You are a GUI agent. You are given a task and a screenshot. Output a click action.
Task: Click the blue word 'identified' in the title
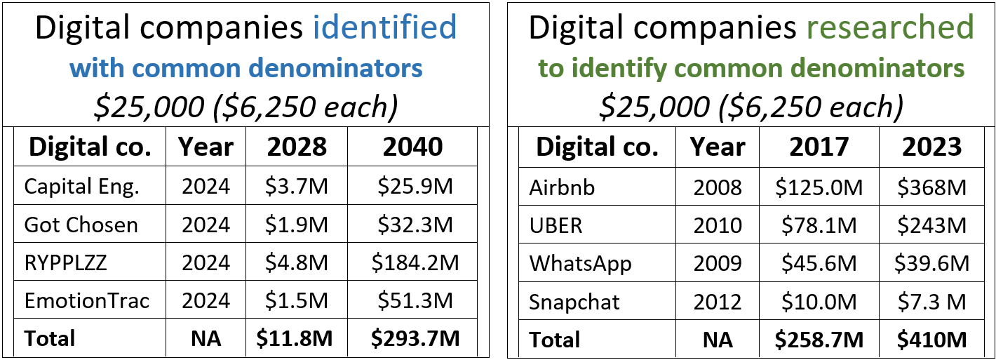coord(384,27)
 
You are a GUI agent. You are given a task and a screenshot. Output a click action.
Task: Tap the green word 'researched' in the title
coord(887,27)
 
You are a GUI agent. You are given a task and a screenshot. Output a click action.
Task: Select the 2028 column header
coord(296,147)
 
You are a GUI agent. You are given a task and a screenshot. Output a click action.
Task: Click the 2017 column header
coord(819,147)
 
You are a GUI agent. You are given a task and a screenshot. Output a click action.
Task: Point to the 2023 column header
coord(931,147)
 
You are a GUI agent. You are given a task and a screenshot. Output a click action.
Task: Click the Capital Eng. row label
coord(81,186)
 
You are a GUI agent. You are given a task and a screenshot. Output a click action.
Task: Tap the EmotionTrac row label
coord(87,301)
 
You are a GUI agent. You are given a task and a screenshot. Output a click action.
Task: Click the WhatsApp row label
coord(580,264)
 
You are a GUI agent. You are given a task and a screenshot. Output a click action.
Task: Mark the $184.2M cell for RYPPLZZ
coord(415,262)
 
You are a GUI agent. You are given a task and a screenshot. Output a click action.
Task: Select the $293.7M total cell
coord(415,339)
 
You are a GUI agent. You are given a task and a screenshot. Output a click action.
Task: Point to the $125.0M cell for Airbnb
coord(819,187)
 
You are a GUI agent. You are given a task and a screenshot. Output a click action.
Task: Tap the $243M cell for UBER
coord(931,226)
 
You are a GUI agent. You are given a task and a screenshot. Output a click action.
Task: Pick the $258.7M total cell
coord(819,340)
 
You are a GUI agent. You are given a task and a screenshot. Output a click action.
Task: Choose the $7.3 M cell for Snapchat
coord(931,302)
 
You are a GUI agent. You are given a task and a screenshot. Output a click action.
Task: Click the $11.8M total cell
coord(296,339)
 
